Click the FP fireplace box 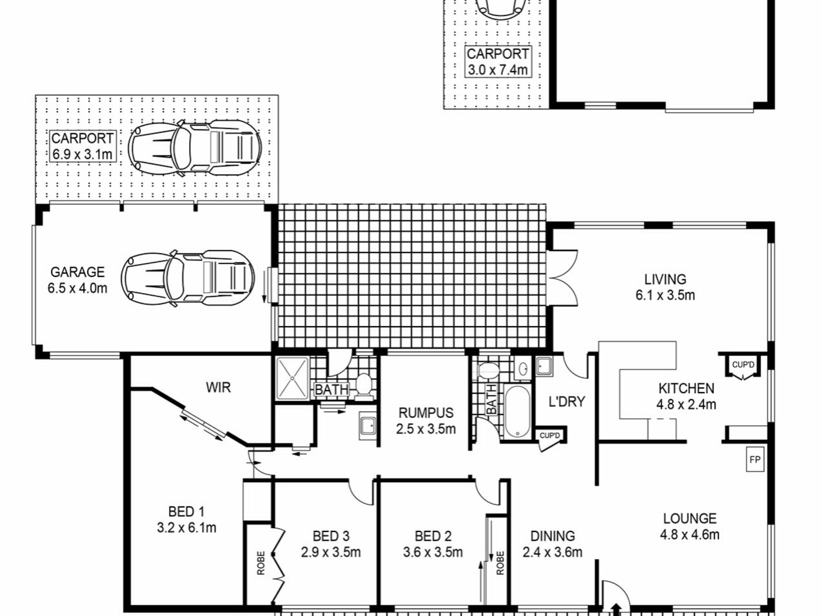[755, 459]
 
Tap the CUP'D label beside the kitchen [743, 365]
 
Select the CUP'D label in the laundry [549, 435]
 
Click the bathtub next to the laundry [517, 412]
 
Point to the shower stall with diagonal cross [292, 378]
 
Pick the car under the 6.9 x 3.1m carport [195, 148]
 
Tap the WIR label [218, 388]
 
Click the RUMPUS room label [426, 413]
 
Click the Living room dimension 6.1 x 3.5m [665, 295]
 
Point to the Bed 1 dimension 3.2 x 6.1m [186, 527]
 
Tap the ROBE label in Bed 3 [261, 563]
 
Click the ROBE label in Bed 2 [500, 563]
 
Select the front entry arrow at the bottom [616, 609]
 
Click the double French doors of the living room [564, 278]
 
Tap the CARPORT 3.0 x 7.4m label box [498, 62]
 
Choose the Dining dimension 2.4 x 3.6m [552, 552]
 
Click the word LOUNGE [690, 518]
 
